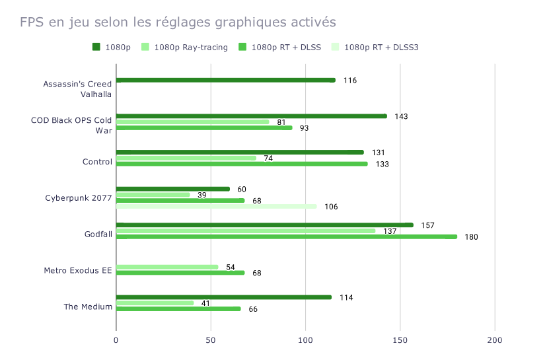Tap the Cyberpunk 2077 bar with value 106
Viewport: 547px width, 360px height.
tap(217, 206)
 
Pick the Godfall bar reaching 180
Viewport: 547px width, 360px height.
tap(287, 236)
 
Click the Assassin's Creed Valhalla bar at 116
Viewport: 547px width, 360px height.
tap(226, 80)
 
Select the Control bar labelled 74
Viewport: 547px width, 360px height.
tap(186, 158)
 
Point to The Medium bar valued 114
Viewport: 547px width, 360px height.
tap(224, 297)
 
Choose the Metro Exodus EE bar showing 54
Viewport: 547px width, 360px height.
tap(167, 267)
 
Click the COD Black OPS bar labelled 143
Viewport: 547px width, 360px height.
tap(252, 116)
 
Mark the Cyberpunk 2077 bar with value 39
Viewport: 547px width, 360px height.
tap(153, 195)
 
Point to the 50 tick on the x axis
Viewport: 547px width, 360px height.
tap(211, 340)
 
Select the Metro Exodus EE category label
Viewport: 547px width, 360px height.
tap(78, 270)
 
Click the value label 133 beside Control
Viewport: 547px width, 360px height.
tap(381, 164)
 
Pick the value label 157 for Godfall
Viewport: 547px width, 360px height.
tap(427, 225)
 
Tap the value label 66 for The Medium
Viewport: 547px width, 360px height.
tap(253, 309)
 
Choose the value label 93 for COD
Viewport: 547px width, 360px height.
tap(304, 128)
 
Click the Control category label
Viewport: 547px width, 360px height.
tap(97, 162)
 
